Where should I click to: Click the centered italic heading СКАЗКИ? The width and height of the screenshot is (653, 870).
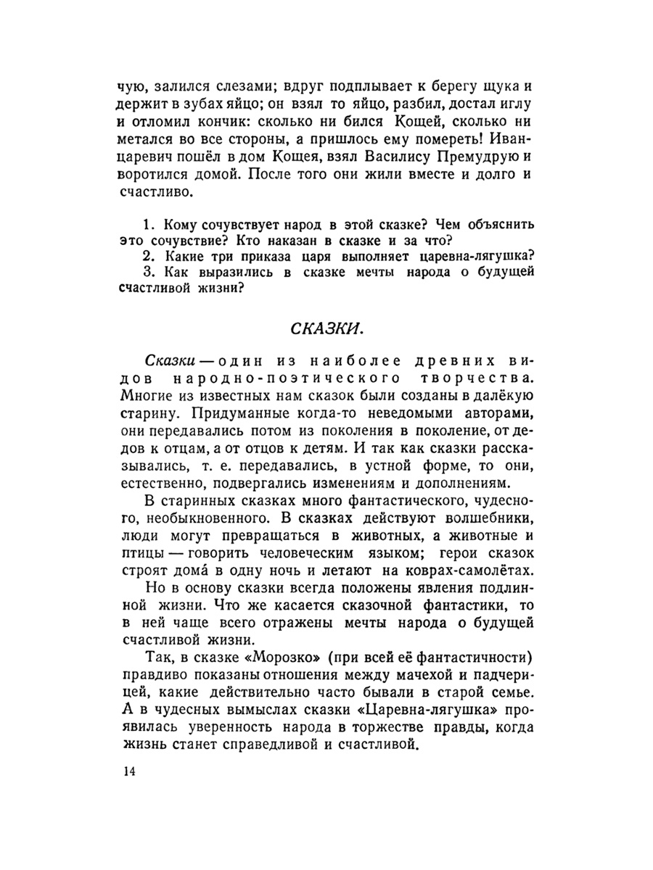tap(326, 328)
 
